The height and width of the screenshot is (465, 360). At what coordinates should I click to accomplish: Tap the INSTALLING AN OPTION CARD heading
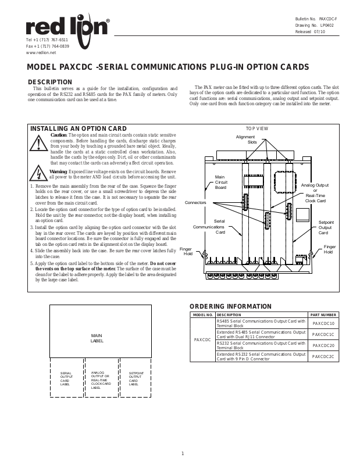click(78, 128)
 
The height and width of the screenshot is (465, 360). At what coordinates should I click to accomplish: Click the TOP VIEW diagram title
click(256, 127)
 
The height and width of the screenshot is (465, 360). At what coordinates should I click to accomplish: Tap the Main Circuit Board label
click(220, 182)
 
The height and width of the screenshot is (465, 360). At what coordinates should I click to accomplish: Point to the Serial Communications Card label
click(220, 227)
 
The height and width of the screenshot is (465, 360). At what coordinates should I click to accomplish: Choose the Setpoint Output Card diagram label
click(326, 227)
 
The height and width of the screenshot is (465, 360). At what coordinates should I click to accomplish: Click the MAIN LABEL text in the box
click(97, 338)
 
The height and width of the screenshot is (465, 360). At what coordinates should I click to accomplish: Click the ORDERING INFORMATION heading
click(230, 306)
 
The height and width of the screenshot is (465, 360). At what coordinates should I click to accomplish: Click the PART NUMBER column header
click(323, 314)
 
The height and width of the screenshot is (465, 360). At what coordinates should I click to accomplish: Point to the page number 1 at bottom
click(182, 453)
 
